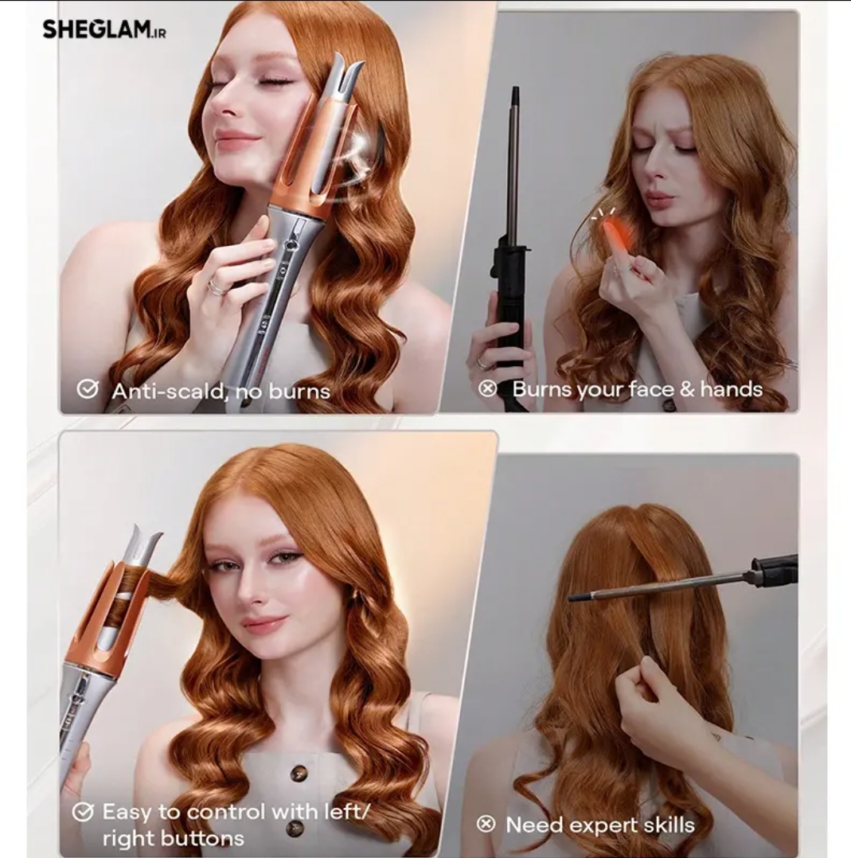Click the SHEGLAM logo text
tap(104, 29)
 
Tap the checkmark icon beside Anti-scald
tap(87, 389)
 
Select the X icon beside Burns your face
tap(487, 388)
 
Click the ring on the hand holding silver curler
tap(217, 287)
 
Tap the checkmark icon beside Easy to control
tap(83, 812)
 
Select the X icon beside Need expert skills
tap(486, 824)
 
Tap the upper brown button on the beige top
tap(298, 773)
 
